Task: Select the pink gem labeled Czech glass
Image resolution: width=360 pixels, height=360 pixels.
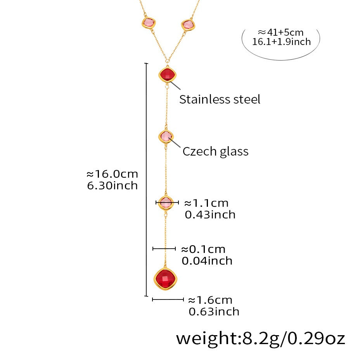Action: (166, 137)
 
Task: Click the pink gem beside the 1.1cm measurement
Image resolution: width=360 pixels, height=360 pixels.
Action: (166, 202)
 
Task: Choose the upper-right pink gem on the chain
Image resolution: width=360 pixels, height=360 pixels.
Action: (188, 25)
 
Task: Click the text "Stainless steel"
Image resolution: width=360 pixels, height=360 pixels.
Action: (220, 99)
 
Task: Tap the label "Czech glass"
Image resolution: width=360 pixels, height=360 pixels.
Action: (215, 151)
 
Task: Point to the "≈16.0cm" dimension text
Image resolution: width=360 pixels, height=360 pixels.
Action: (112, 174)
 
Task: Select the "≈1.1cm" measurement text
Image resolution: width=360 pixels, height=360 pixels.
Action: (206, 203)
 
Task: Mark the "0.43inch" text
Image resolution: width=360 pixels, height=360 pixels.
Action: (210, 214)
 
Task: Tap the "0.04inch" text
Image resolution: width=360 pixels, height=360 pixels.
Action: (207, 261)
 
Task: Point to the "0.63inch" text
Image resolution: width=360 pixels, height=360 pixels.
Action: (214, 311)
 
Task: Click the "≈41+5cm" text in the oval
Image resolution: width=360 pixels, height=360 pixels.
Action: (281, 32)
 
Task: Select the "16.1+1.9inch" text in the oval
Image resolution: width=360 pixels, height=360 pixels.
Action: (282, 42)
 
